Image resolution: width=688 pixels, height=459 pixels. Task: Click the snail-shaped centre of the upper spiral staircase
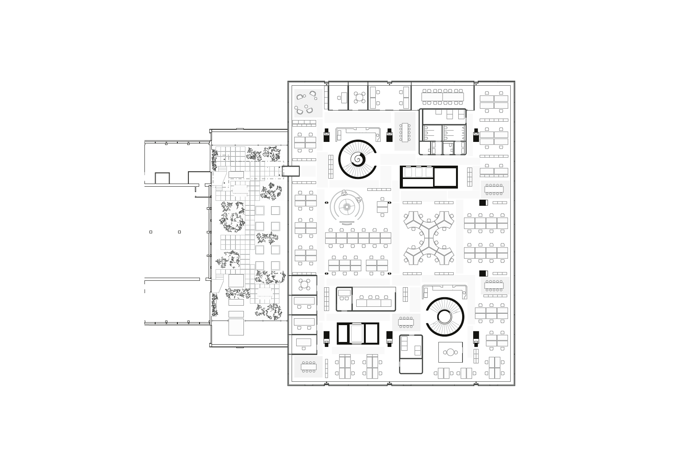[x=358, y=159]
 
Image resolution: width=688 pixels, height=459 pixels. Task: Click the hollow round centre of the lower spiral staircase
[x=445, y=317]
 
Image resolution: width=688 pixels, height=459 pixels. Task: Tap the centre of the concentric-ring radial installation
[x=347, y=207]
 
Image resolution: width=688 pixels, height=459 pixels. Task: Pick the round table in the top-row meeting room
[x=359, y=97]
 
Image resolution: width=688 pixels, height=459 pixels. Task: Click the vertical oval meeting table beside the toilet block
[x=405, y=132]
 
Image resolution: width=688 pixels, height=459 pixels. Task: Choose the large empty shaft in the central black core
[x=445, y=177]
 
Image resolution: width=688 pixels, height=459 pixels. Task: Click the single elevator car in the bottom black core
[x=358, y=334]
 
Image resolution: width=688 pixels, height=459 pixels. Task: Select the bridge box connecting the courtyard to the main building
[x=290, y=171]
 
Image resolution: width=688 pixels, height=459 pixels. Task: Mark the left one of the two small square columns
[x=151, y=232]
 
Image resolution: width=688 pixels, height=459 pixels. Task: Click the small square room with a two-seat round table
[x=451, y=353]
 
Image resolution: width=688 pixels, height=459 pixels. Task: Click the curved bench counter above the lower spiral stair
[x=445, y=289]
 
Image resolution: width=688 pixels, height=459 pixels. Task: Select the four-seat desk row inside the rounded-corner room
[x=374, y=303]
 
